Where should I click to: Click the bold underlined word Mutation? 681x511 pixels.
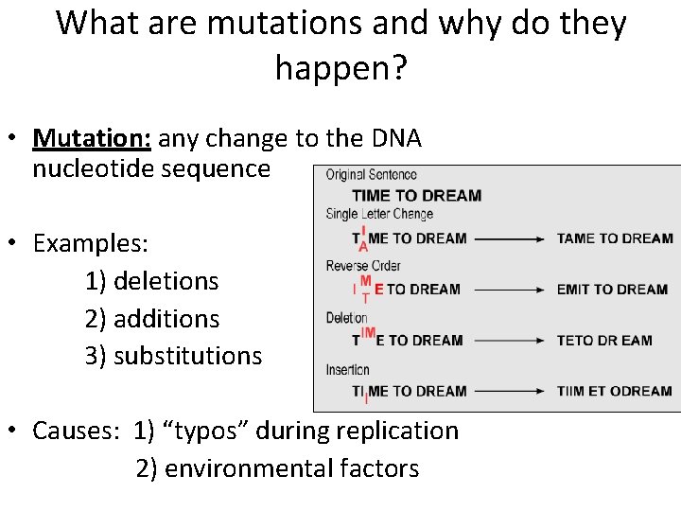point(92,139)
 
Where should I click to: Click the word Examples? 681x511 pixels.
point(91,243)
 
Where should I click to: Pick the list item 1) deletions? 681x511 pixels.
point(151,281)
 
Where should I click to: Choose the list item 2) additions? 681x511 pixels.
point(151,319)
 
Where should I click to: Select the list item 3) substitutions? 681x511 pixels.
point(173,356)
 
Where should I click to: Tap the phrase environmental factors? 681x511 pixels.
point(291,468)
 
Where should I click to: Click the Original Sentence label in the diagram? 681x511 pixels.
point(371,175)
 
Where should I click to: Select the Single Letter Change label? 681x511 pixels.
point(379,214)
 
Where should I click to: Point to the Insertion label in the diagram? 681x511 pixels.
point(347,369)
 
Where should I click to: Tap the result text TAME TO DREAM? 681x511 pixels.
point(614,238)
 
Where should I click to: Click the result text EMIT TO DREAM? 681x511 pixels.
point(612,290)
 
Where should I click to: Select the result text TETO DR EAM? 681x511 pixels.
point(603,341)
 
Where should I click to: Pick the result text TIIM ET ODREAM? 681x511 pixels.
point(614,391)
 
